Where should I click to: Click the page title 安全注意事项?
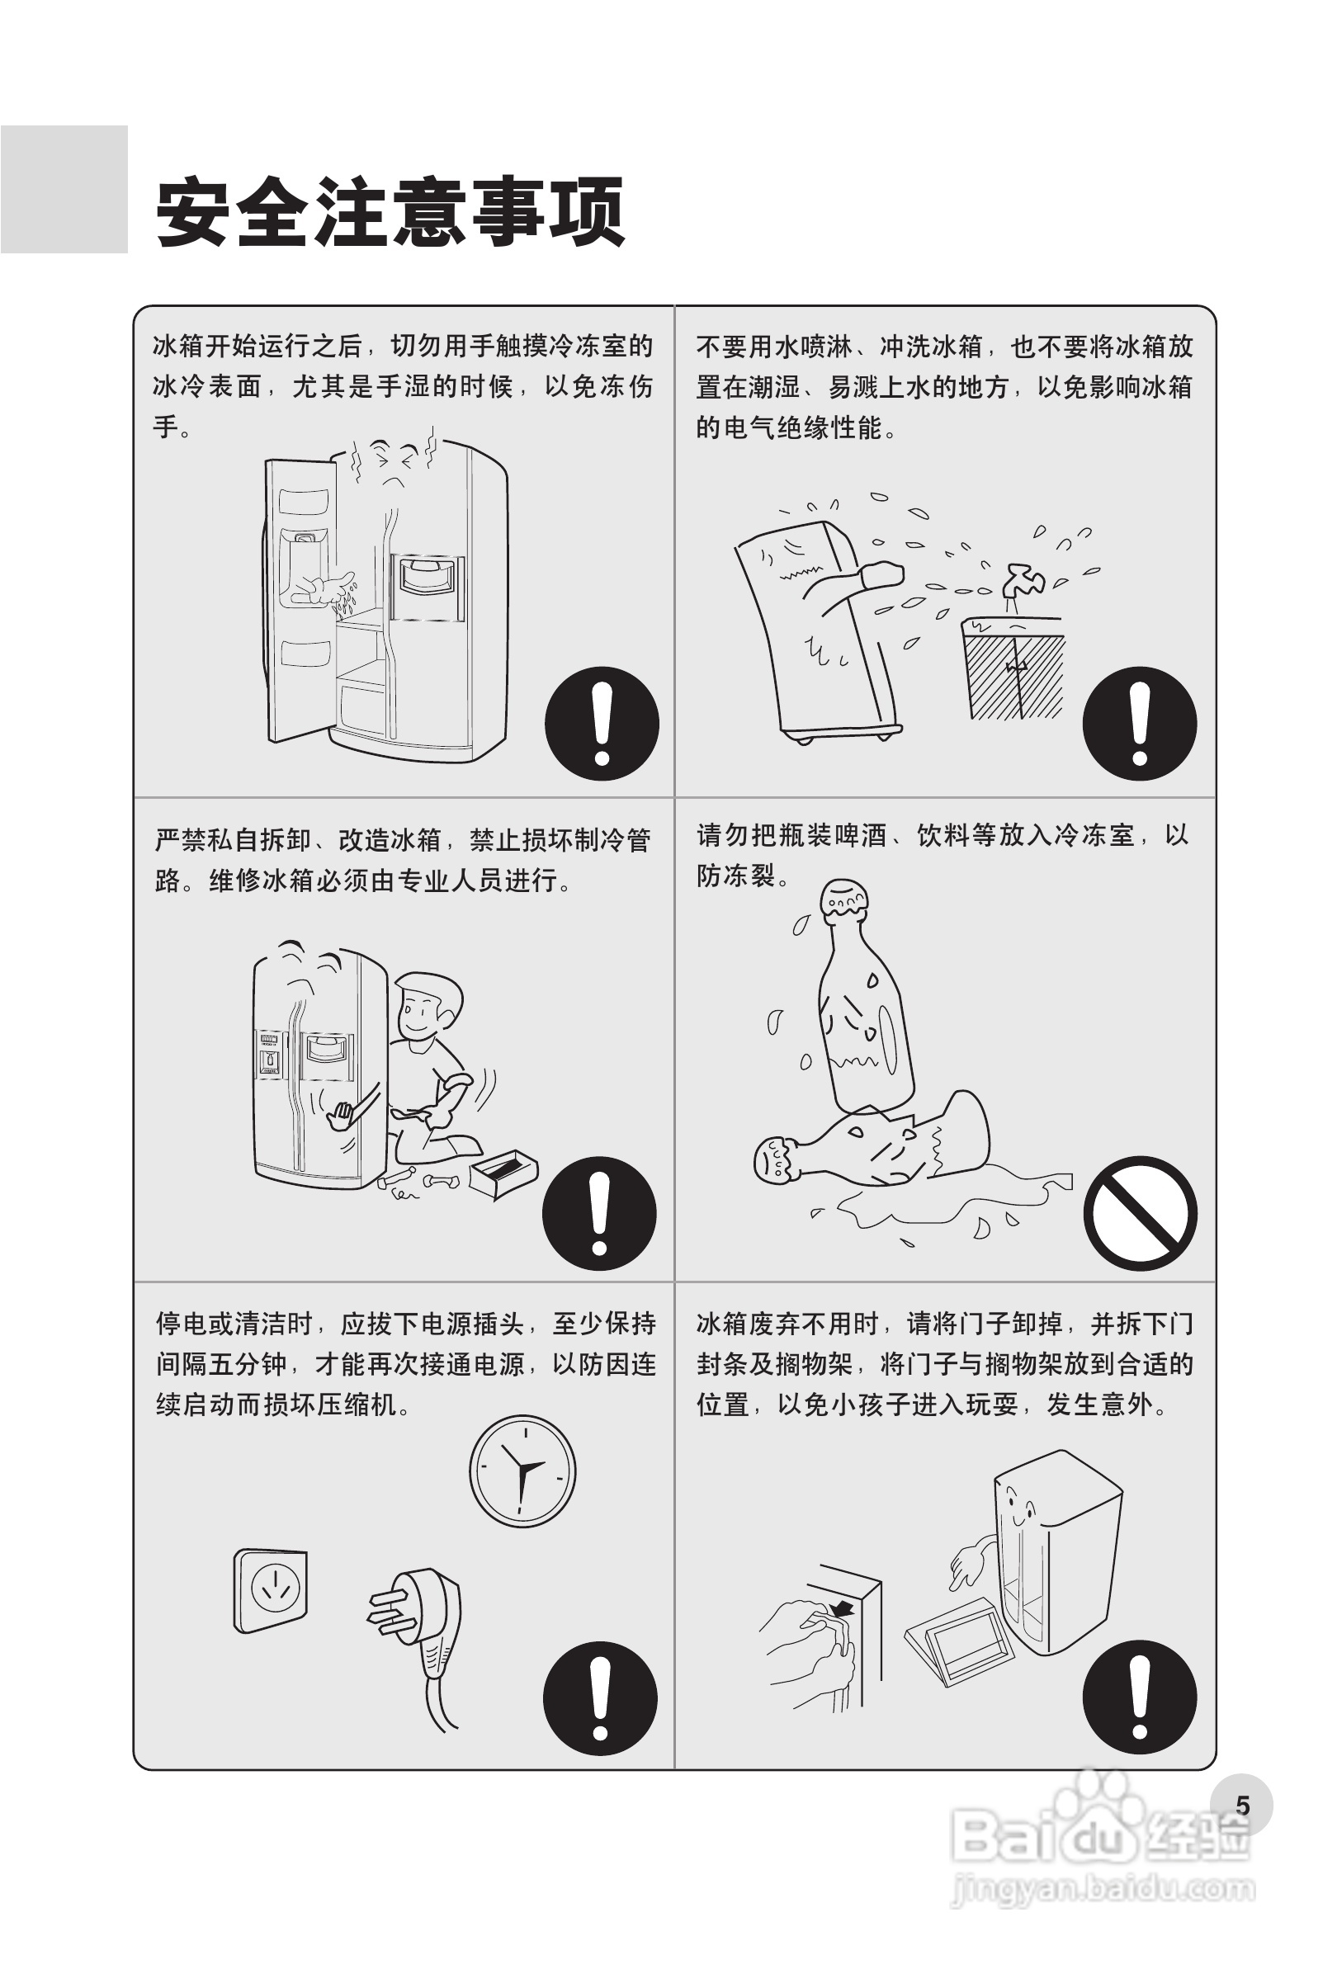(390, 211)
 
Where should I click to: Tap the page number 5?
(1241, 1805)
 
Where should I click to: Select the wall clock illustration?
(522, 1471)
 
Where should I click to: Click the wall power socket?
(271, 1590)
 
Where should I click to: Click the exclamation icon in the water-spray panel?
(1140, 724)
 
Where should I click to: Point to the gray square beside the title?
(64, 189)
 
